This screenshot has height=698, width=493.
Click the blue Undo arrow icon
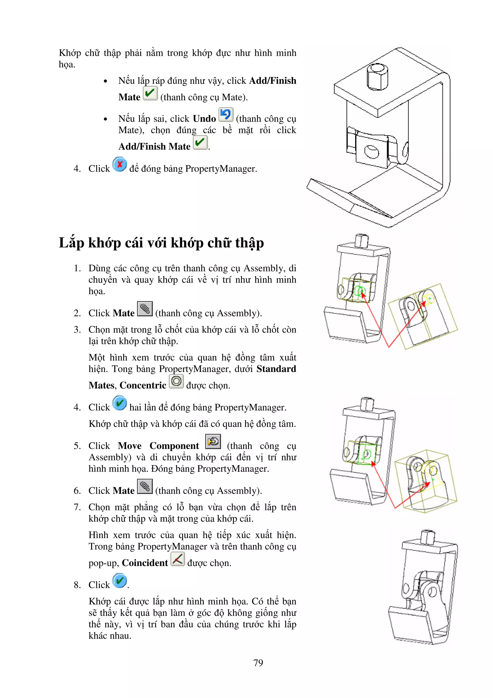(x=226, y=115)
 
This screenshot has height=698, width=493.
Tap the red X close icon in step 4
(x=120, y=165)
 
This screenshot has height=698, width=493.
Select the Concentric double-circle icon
(x=176, y=381)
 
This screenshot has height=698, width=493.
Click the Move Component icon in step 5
(x=213, y=441)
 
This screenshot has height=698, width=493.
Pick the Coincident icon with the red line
(x=178, y=559)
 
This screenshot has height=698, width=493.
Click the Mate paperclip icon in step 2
(x=145, y=309)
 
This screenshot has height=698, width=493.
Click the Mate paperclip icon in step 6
(x=145, y=487)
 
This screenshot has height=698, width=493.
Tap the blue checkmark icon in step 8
(x=120, y=581)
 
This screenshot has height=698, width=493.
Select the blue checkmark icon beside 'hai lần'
(x=120, y=403)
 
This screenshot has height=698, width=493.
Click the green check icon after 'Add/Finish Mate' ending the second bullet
(x=200, y=142)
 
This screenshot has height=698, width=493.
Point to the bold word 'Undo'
(x=204, y=119)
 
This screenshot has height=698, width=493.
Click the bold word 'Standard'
(x=276, y=369)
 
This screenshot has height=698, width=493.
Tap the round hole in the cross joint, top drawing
(x=371, y=151)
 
